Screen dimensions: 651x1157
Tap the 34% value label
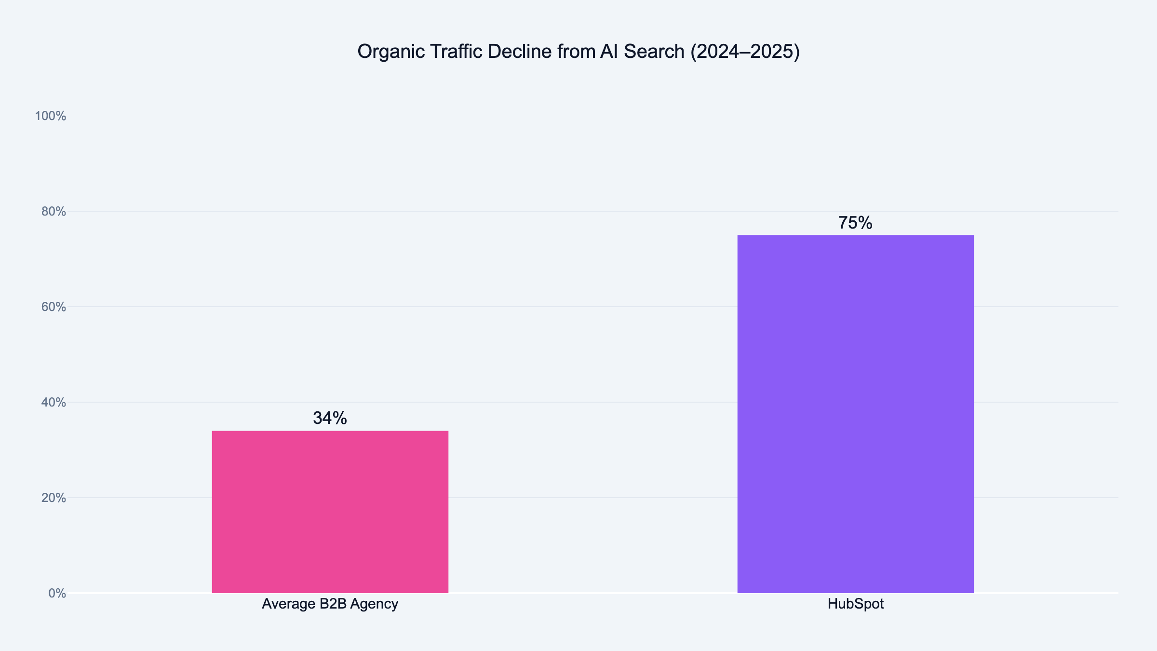(330, 418)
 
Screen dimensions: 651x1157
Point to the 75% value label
(855, 223)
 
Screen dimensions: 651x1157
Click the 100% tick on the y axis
(51, 116)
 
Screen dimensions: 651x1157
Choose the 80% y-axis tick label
(54, 212)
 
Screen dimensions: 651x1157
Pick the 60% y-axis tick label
(54, 307)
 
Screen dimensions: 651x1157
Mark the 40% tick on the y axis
(54, 403)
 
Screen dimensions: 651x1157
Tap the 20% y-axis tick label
(54, 498)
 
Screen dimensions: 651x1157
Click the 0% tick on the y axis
(57, 594)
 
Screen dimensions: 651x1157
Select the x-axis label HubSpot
(856, 604)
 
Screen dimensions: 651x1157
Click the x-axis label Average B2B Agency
(330, 604)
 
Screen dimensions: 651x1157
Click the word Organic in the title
(391, 52)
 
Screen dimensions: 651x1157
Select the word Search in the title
(654, 52)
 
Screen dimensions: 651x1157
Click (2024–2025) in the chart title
(745, 52)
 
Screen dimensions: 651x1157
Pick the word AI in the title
(609, 52)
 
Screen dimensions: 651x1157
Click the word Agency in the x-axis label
(374, 604)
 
